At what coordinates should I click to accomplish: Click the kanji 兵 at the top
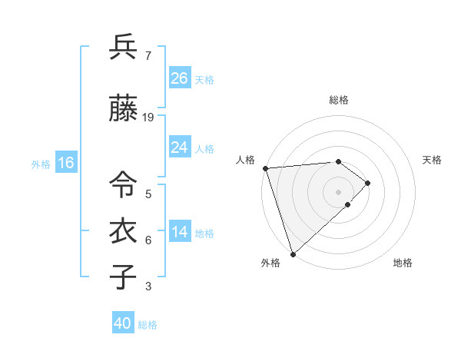click(x=123, y=48)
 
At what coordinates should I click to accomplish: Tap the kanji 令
click(x=123, y=184)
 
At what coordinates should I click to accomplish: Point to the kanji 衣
click(x=123, y=231)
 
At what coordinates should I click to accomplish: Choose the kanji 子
click(x=123, y=277)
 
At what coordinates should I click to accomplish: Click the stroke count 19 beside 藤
click(x=148, y=118)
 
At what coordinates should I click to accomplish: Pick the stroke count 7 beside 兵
click(x=148, y=56)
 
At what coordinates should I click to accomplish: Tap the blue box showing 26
click(x=180, y=78)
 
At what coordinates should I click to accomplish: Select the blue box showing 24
click(x=180, y=147)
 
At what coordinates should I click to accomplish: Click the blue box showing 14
click(x=180, y=232)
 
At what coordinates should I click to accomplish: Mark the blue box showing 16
click(x=65, y=163)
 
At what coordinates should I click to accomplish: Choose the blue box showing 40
click(x=123, y=323)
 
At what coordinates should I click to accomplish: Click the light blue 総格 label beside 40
click(x=148, y=325)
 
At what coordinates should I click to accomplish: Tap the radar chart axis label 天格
click(x=433, y=160)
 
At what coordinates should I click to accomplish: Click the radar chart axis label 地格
click(x=403, y=263)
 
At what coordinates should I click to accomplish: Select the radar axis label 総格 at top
click(x=339, y=100)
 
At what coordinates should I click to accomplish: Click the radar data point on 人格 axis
click(x=265, y=168)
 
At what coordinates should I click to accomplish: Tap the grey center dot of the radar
click(x=339, y=191)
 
